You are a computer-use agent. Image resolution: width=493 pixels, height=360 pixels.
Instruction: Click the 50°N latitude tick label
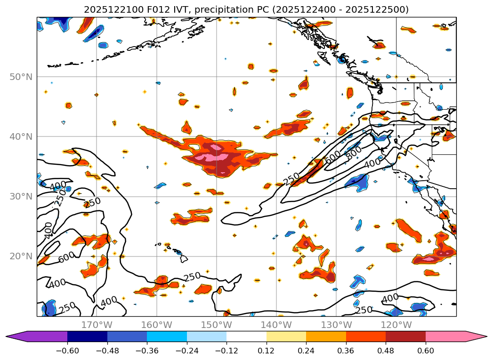point(21,77)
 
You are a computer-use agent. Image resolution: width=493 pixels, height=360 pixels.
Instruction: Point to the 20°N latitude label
point(21,256)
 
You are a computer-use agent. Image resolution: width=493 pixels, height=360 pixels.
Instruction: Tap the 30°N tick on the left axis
point(21,196)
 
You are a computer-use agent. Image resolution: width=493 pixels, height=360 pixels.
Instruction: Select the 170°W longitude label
point(97,325)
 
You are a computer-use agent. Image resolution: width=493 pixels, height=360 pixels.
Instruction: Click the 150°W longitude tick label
point(217,325)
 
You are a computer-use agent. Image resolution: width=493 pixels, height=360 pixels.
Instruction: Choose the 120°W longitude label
point(396,325)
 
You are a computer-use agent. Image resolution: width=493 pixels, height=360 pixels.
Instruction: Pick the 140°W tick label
point(276,325)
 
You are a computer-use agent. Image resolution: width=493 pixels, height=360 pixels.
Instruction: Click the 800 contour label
point(355,152)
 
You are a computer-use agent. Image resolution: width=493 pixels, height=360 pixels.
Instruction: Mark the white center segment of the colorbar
point(246,336)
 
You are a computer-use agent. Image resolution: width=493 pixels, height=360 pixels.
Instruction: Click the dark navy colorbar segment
point(87,336)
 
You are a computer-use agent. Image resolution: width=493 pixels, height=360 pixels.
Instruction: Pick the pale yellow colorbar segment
point(286,336)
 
